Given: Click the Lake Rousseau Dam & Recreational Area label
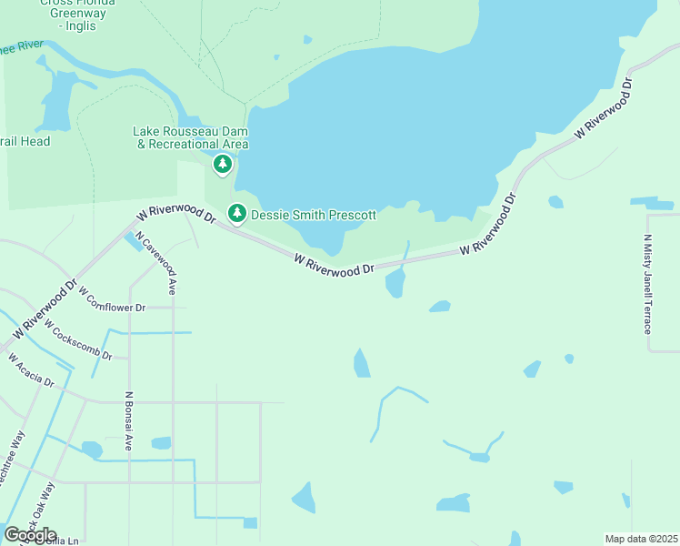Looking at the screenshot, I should click(191, 137).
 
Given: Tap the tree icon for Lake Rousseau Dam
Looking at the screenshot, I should click(223, 165).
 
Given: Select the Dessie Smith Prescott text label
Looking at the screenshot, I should click(313, 215).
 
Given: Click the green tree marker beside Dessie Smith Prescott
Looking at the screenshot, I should click(237, 213).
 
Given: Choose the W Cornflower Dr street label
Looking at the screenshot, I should click(112, 300).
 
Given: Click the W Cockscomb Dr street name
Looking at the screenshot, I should click(77, 342).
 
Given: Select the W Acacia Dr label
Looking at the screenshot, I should click(32, 371).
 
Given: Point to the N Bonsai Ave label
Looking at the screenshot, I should click(129, 422).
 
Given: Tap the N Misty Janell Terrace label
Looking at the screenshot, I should click(647, 283).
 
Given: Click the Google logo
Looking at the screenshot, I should click(30, 534).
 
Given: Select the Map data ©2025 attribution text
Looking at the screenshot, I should click(641, 539).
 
